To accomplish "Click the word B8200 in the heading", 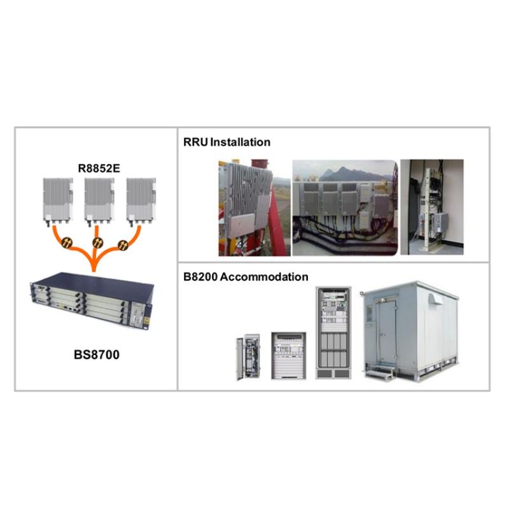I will pyautogui.click(x=200, y=277).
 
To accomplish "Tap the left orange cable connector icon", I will pyautogui.click(x=66, y=242).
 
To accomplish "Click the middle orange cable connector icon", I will pyautogui.click(x=97, y=242).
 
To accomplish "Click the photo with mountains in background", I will pyautogui.click(x=344, y=207).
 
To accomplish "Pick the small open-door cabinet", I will pyautogui.click(x=248, y=356).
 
